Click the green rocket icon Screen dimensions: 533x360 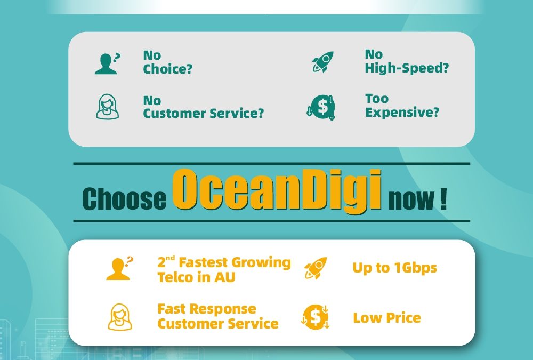point(323,62)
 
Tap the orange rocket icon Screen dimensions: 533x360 point(316,268)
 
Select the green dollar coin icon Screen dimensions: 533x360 point(321,107)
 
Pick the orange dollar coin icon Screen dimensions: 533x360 point(315,317)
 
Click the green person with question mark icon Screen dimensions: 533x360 point(107,63)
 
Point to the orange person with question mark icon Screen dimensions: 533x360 point(119,268)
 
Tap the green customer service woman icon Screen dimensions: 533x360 point(108,107)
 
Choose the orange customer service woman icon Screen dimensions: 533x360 point(120,317)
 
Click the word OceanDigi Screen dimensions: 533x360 point(277,190)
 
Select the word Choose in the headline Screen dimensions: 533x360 point(124,199)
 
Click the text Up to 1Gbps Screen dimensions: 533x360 point(394,268)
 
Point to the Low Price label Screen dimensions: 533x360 point(387,318)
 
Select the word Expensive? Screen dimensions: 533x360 point(402,113)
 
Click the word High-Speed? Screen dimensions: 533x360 point(407,68)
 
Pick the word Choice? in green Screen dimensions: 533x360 point(167,69)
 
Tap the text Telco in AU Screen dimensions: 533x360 point(196,277)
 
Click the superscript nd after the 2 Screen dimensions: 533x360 point(171,258)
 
